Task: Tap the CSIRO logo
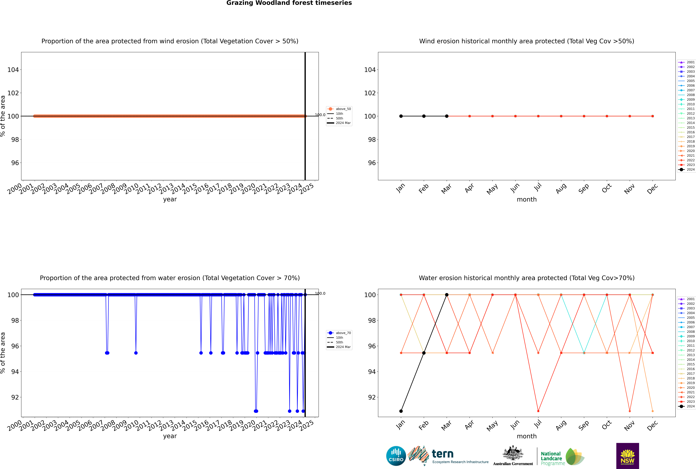(396, 456)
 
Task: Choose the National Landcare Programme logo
(562, 457)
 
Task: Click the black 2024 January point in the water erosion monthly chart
(401, 411)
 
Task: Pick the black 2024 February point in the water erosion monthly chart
(424, 353)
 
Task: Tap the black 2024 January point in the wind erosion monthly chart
(401, 116)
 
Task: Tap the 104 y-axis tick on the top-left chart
(13, 70)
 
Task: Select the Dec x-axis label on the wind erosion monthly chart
(652, 189)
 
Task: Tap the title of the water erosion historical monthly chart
(527, 278)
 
